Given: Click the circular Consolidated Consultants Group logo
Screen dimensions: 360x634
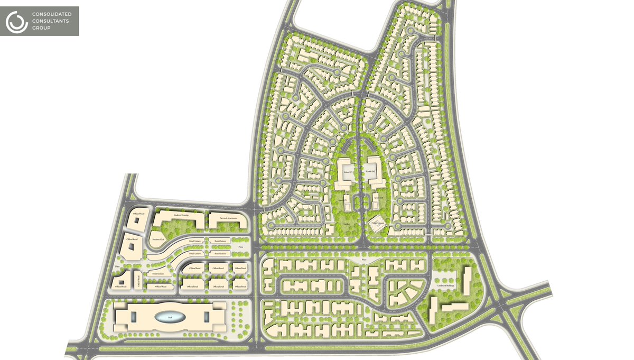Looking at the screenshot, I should point(16,21).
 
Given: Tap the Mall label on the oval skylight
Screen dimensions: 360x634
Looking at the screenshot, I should point(170,318).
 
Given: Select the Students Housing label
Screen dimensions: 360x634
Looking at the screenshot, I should point(181,215).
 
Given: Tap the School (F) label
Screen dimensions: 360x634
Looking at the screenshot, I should point(348,173).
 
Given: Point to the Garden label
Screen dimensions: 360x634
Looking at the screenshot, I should point(347,224).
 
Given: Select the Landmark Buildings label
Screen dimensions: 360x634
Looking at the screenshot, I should point(447,285).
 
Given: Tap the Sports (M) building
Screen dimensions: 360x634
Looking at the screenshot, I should point(376,199).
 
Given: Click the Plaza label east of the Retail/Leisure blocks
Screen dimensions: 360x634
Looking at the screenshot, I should point(240,247).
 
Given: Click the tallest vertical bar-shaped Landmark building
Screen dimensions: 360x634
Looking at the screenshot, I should point(468,280).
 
